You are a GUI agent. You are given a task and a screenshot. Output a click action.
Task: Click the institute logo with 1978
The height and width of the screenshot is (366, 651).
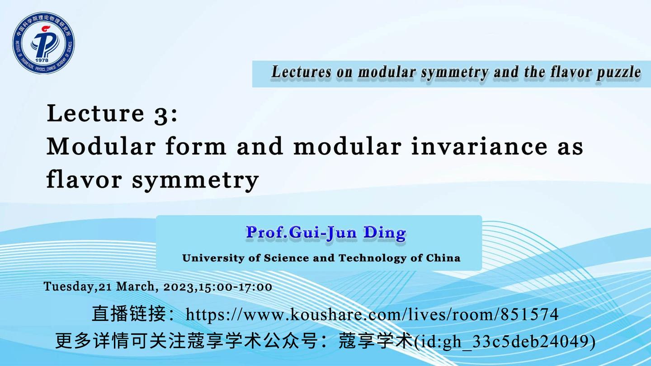click(43, 43)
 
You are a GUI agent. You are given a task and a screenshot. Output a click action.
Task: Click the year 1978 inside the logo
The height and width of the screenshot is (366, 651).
click(42, 60)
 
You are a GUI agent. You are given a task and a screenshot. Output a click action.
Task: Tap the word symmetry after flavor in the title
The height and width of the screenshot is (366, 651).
click(195, 180)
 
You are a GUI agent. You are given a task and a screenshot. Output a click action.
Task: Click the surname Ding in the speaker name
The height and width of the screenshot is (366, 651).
click(385, 233)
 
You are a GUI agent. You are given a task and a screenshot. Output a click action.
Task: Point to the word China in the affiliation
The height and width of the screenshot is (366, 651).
click(443, 258)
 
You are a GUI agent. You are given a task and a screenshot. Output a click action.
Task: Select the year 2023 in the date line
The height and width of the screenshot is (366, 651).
click(179, 286)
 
